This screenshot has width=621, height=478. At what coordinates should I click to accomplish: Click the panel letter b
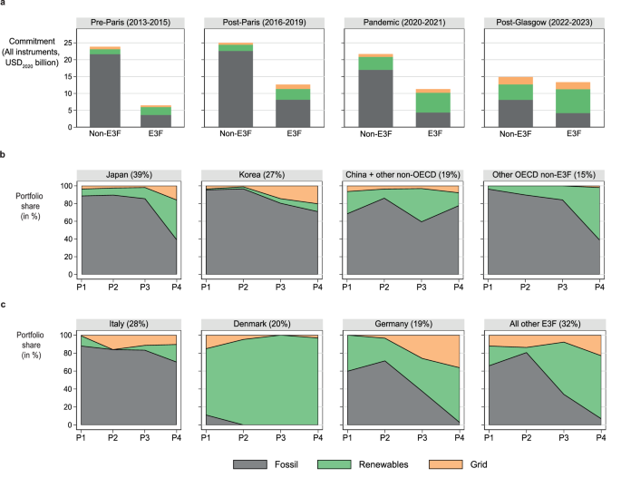(x=5, y=156)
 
